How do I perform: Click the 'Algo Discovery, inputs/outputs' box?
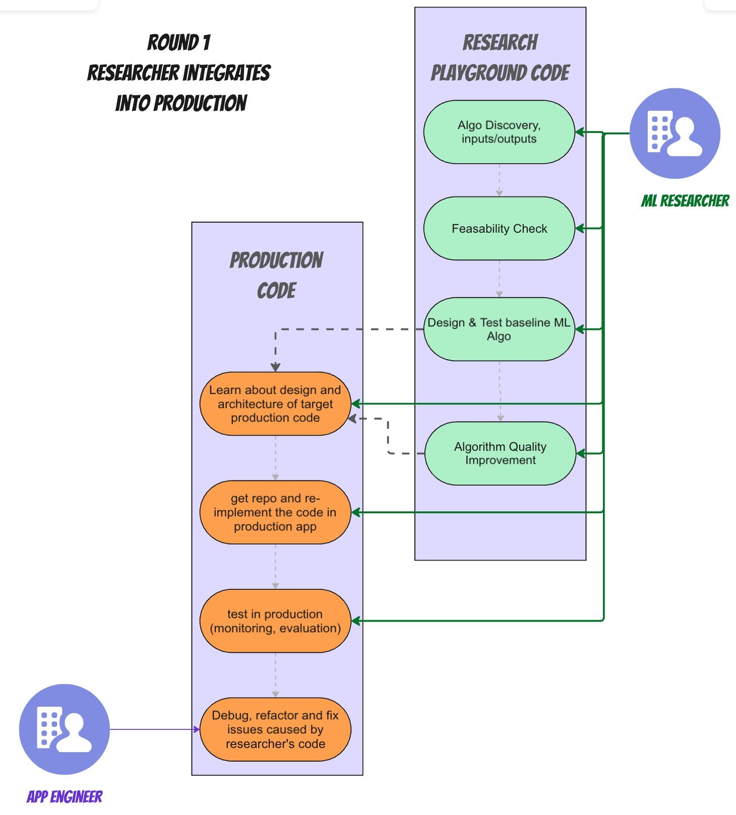[499, 132]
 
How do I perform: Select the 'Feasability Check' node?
[499, 229]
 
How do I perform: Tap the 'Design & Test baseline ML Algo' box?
[499, 329]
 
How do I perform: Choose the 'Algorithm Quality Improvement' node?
[500, 453]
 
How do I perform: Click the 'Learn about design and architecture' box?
[275, 404]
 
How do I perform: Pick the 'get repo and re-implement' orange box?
[275, 512]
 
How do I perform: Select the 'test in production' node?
[275, 621]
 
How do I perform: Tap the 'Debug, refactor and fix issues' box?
[275, 729]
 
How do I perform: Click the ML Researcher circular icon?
[675, 133]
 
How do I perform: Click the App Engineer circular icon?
[65, 729]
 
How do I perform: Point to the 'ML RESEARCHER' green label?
[685, 201]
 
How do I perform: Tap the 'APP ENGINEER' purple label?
[65, 796]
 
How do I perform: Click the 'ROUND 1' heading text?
[179, 43]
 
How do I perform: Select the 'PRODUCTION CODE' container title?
[276, 275]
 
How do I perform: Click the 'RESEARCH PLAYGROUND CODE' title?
[500, 58]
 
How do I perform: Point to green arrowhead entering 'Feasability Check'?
[580, 229]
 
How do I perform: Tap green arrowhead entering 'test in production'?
[356, 621]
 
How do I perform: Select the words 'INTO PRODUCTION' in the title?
[181, 103]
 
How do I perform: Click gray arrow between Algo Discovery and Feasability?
[499, 180]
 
